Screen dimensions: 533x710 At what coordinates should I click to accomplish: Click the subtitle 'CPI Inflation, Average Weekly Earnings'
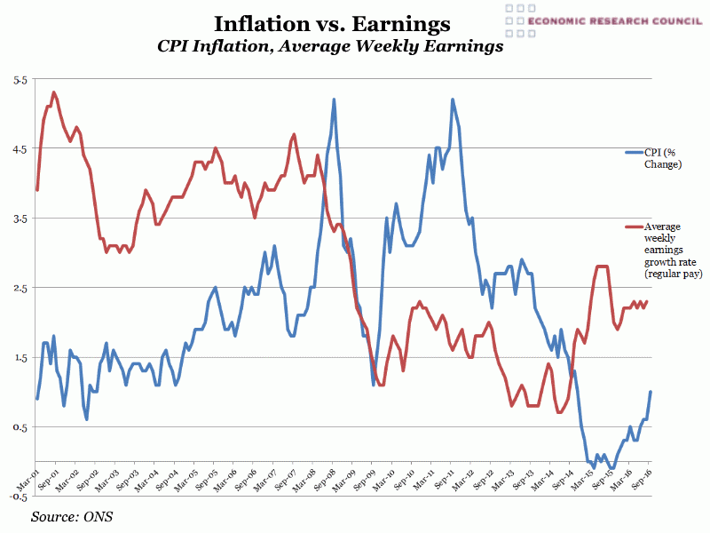coord(330,47)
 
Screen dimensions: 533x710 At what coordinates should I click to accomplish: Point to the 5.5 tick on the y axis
coord(20,80)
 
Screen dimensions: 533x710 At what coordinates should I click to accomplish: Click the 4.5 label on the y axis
coord(20,149)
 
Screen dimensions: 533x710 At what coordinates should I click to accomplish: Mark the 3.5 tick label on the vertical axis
coord(20,219)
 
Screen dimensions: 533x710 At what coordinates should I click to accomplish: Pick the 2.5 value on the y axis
coord(20,288)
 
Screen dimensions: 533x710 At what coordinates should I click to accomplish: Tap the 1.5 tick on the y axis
coord(20,357)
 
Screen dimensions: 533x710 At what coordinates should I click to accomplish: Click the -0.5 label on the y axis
coord(18,497)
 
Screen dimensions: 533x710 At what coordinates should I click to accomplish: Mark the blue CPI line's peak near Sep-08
coord(334,99)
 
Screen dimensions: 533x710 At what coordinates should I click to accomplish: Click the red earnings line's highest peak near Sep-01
coord(54,91)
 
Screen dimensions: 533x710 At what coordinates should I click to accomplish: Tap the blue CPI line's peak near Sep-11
coord(453,99)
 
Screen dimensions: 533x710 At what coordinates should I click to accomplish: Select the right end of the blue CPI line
coord(651,392)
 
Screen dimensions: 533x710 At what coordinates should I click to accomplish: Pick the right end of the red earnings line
coord(647,301)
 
